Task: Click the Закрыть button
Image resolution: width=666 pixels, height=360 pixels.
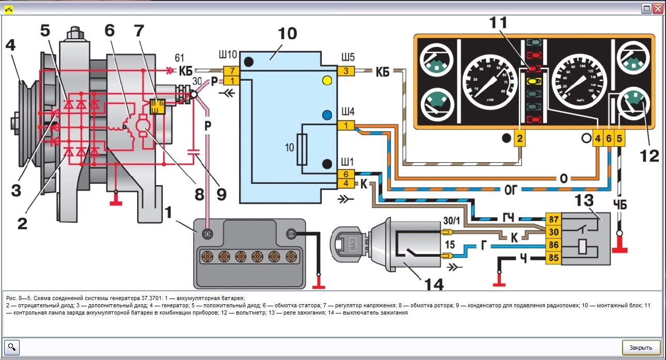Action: tap(641, 348)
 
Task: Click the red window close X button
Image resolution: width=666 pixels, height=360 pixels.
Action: tap(658, 9)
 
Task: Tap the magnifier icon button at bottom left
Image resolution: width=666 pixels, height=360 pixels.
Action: tap(12, 347)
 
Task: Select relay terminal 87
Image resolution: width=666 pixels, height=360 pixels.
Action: tap(553, 218)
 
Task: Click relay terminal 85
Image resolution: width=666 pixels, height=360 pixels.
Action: tap(553, 257)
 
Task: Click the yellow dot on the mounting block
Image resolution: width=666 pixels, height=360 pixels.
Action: tap(326, 81)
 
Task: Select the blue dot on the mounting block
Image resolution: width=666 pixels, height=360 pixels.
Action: tap(326, 115)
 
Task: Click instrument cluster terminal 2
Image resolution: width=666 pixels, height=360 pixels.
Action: tap(520, 138)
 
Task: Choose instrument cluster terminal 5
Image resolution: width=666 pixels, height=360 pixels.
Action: tap(620, 138)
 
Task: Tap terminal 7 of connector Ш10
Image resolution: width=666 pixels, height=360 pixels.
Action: tap(232, 71)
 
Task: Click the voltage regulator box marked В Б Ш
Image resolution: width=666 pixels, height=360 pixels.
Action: tap(156, 106)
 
